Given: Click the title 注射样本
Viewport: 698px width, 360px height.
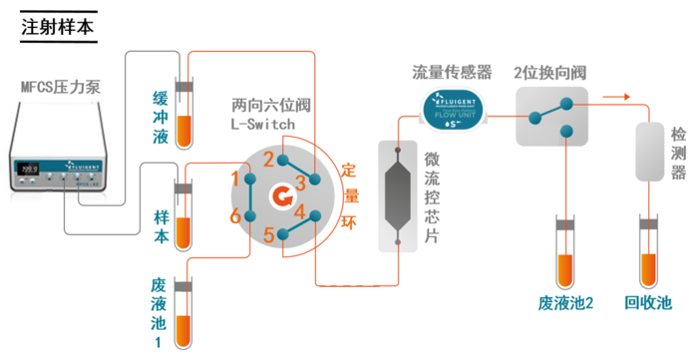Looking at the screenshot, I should (x=59, y=27).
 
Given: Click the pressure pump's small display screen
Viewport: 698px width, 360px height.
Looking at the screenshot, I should (x=28, y=166).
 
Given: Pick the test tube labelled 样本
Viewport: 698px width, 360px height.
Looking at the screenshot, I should (x=183, y=210).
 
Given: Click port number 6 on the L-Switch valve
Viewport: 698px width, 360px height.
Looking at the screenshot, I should (x=235, y=215).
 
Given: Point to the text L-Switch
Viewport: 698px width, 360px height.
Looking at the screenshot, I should (x=260, y=124).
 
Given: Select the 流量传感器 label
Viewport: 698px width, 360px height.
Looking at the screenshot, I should (x=453, y=72).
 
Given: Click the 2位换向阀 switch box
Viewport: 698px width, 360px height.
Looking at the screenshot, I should (x=550, y=113).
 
